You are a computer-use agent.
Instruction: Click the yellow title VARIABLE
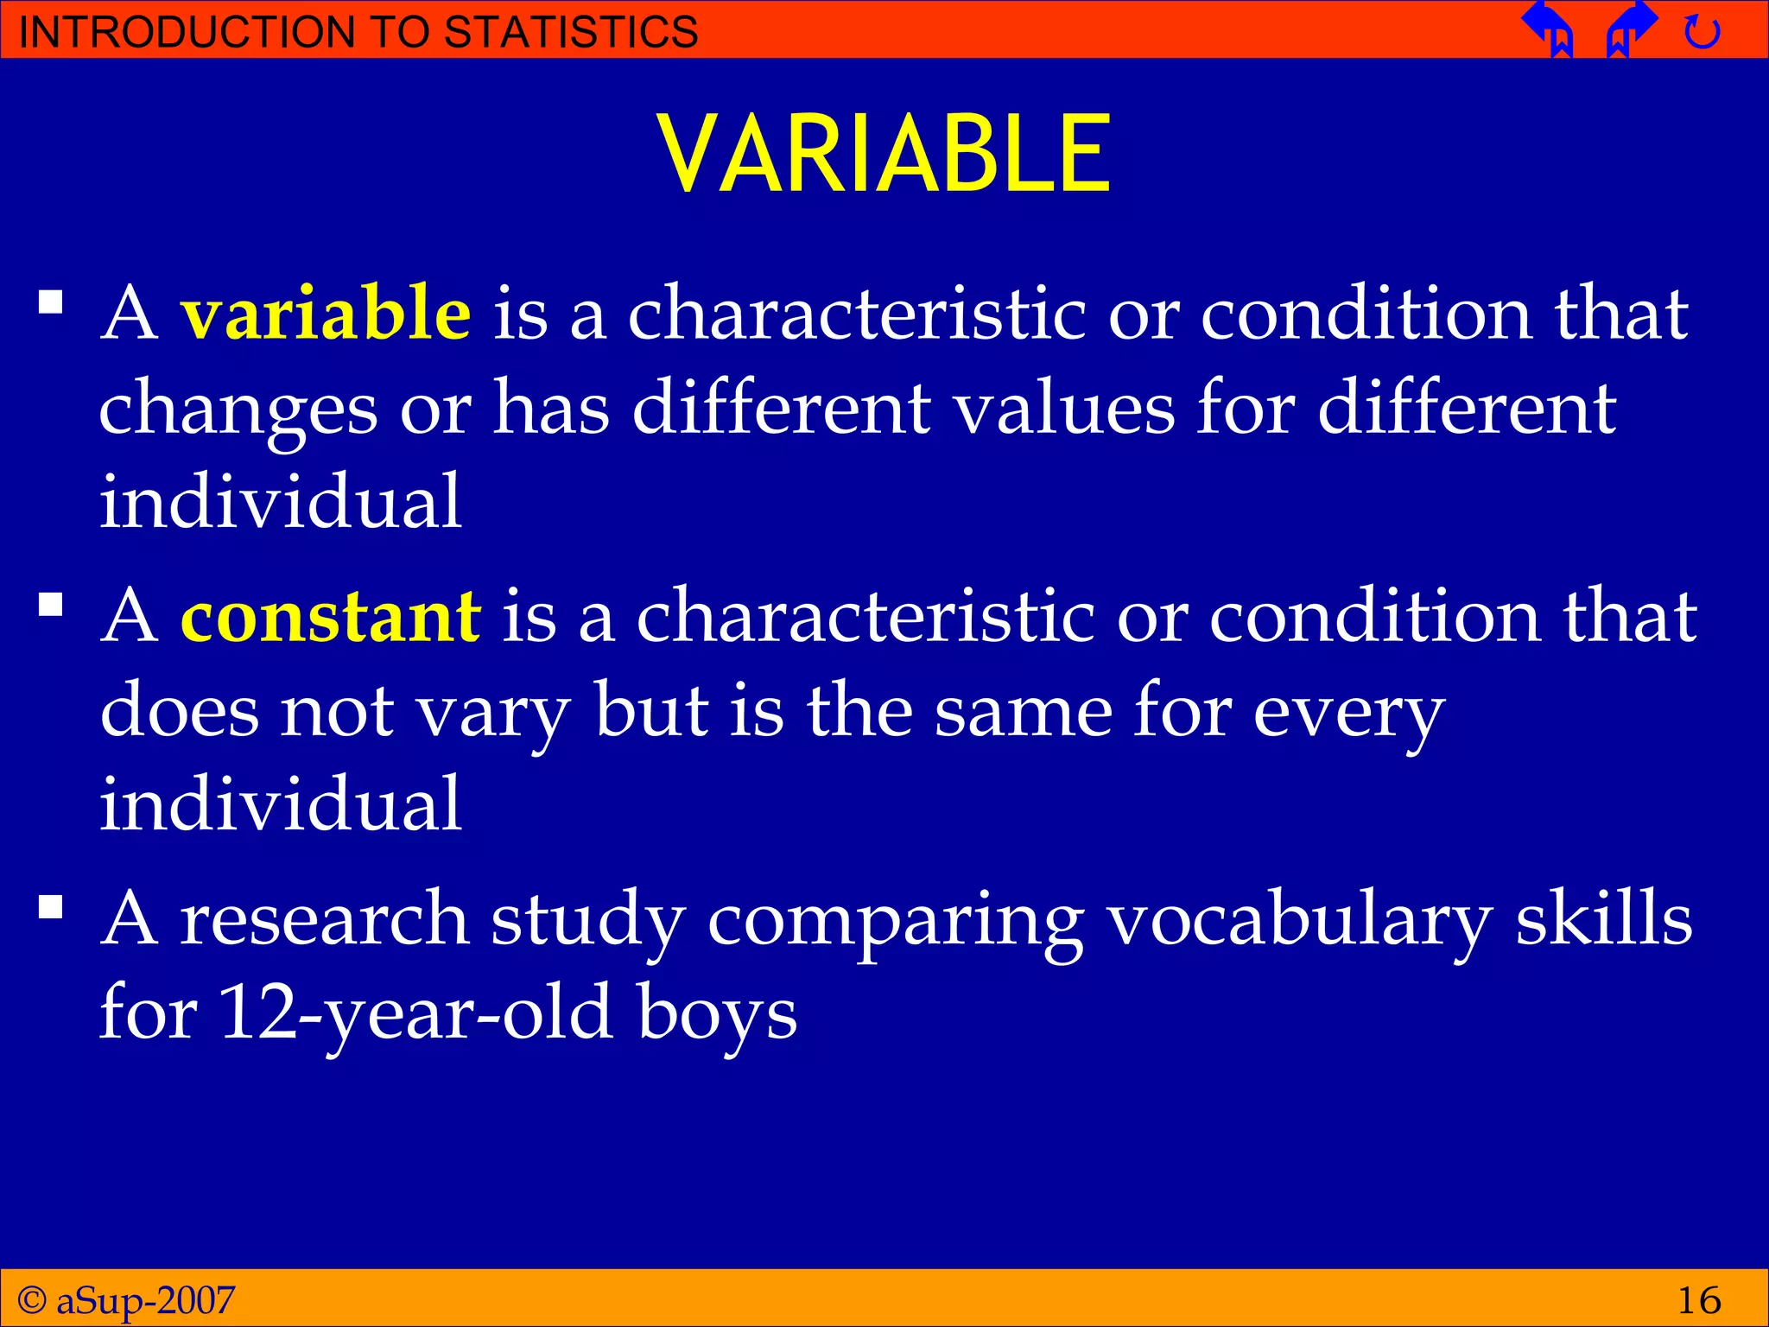click(884, 154)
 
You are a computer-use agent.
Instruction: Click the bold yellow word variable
click(326, 313)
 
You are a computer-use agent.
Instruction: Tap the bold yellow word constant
click(330, 616)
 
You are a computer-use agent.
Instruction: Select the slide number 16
click(1698, 1299)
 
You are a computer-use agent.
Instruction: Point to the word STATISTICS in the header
click(570, 32)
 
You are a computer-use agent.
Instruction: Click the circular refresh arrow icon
click(1702, 33)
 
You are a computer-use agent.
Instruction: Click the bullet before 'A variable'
click(51, 302)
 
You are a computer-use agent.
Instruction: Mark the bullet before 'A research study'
click(51, 907)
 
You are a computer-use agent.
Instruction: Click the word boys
click(717, 1013)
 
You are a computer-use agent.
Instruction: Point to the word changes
click(238, 409)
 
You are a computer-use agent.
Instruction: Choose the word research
click(324, 918)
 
